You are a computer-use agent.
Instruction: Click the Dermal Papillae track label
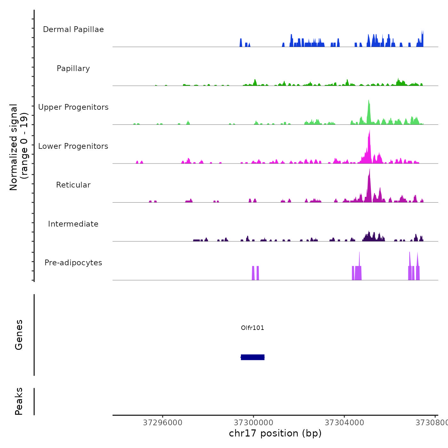(73, 29)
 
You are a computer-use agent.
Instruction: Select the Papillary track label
(73, 68)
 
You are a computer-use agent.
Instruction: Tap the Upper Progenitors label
(73, 107)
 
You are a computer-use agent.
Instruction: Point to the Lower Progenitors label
(73, 146)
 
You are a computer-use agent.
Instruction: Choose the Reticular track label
(73, 185)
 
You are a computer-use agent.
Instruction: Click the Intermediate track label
(73, 224)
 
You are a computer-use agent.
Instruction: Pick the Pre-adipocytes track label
(73, 263)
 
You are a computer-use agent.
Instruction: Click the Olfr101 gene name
(252, 328)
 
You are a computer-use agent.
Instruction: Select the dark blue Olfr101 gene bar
(252, 357)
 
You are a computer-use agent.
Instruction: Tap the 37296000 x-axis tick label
(163, 423)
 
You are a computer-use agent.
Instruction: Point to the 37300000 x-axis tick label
(253, 423)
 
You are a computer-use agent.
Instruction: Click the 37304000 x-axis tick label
(344, 423)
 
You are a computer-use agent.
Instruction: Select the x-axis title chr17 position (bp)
(275, 433)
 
